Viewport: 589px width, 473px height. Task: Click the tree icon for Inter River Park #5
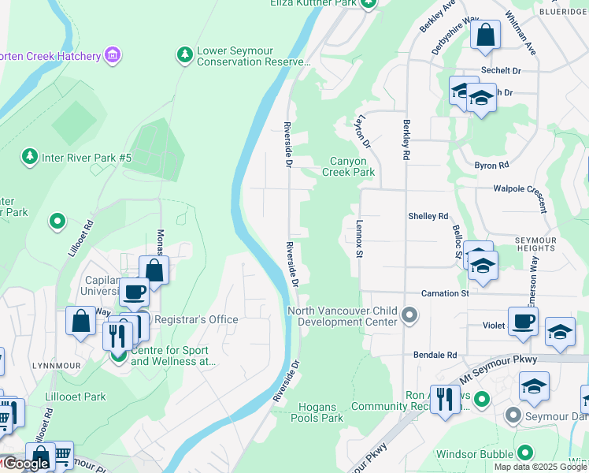point(30,157)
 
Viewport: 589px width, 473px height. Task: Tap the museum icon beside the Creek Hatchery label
point(113,55)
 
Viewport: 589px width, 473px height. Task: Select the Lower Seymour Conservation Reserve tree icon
point(184,55)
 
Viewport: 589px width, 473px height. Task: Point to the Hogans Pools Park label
point(320,412)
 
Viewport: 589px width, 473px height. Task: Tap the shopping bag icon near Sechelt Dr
point(486,35)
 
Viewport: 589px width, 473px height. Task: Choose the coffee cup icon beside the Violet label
point(522,322)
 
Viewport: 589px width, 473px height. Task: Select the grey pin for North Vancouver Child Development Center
point(409,316)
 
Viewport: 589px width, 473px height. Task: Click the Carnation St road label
point(444,293)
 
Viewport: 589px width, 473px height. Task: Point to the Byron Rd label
point(491,166)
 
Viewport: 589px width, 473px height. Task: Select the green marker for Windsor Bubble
point(526,453)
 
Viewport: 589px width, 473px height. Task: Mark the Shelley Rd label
point(428,216)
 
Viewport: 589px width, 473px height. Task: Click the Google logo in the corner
point(25,464)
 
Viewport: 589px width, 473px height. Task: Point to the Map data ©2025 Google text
point(539,467)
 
